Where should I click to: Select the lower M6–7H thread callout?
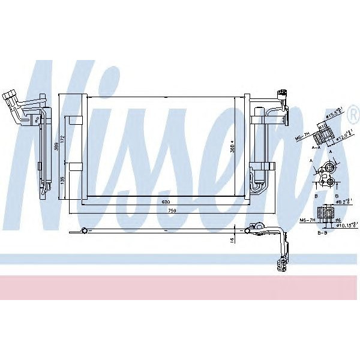pos(308,220)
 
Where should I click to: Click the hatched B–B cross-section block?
pos(327,213)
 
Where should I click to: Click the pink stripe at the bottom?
pos(180,287)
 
